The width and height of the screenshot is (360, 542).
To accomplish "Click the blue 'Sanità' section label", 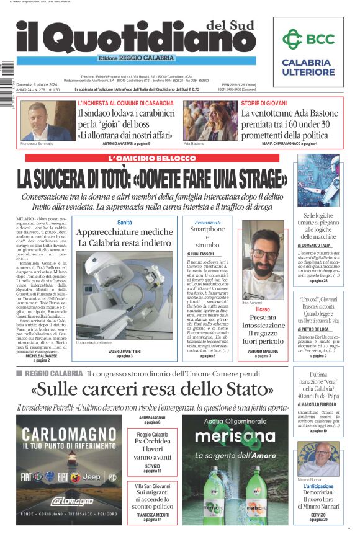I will tap(124, 222).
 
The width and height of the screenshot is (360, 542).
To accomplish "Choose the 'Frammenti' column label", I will tap(207, 222).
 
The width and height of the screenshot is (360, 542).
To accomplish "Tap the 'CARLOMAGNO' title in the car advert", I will tap(70, 432).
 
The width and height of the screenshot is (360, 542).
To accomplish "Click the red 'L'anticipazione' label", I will tap(318, 487).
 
